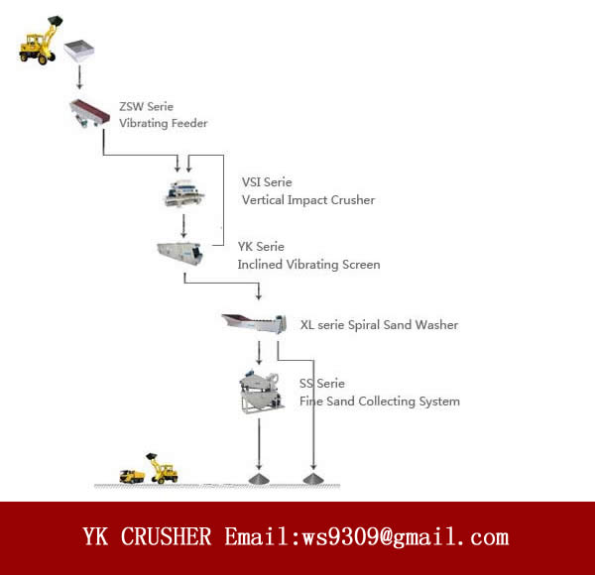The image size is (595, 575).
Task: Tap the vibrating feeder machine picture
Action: click(x=89, y=113)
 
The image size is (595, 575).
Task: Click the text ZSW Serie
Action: click(x=147, y=106)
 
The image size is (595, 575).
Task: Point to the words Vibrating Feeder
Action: click(x=164, y=124)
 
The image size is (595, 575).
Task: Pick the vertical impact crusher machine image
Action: click(x=189, y=192)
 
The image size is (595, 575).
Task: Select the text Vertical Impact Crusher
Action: click(x=307, y=200)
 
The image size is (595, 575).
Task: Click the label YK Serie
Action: click(x=261, y=247)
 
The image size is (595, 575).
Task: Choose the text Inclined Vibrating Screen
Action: click(x=308, y=265)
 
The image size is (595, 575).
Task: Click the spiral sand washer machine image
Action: click(x=254, y=322)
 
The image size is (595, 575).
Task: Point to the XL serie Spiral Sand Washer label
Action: click(x=379, y=324)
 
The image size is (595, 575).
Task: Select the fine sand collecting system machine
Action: click(x=260, y=392)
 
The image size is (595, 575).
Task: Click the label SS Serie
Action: click(x=322, y=384)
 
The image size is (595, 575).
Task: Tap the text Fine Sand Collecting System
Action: click(x=379, y=402)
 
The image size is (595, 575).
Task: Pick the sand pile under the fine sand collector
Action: click(x=259, y=479)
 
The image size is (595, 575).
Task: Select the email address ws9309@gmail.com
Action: click(x=408, y=537)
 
